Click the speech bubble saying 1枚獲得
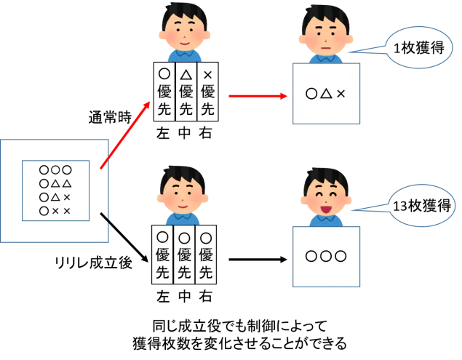tap(419, 48)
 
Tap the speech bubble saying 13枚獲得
tap(422, 205)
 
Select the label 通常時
tap(110, 118)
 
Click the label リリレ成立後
tap(93, 263)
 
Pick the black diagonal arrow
tap(124, 237)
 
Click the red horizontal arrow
tap(258, 96)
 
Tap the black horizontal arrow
tap(258, 260)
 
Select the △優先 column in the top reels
tap(186, 92)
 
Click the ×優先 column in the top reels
tap(208, 92)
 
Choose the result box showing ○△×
tap(326, 94)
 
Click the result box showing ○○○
tap(326, 257)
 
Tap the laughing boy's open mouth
tap(325, 209)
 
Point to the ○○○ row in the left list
tap(55, 170)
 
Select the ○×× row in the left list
tap(55, 211)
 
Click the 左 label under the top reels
tap(163, 133)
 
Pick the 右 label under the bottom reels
tap(206, 297)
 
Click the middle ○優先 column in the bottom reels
tap(184, 255)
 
